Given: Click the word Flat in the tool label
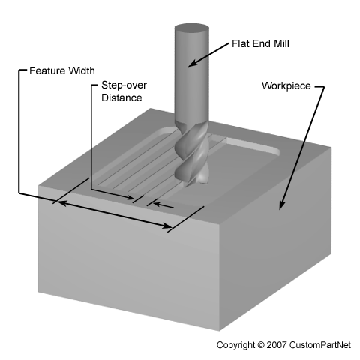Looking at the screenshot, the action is [x=241, y=43].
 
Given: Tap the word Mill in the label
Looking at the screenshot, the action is [x=281, y=43].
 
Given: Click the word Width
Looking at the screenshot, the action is [x=82, y=70].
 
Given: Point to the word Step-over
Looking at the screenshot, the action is [x=124, y=85].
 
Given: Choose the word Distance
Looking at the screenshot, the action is [x=121, y=97].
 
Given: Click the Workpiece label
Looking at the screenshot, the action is [x=286, y=85].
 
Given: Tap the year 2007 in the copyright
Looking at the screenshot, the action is [x=276, y=345].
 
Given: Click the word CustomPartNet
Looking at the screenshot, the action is [x=320, y=345].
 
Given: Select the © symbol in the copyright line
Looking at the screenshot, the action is [x=260, y=345].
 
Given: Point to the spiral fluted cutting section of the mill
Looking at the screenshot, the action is [x=192, y=155].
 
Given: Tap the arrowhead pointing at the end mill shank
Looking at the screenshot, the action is [x=193, y=64].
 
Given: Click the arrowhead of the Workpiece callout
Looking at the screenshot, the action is [x=282, y=205].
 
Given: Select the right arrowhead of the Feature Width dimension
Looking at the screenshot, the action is [x=167, y=226].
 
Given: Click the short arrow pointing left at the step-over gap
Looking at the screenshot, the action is [x=163, y=205].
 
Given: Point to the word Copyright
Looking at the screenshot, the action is [x=235, y=345].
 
